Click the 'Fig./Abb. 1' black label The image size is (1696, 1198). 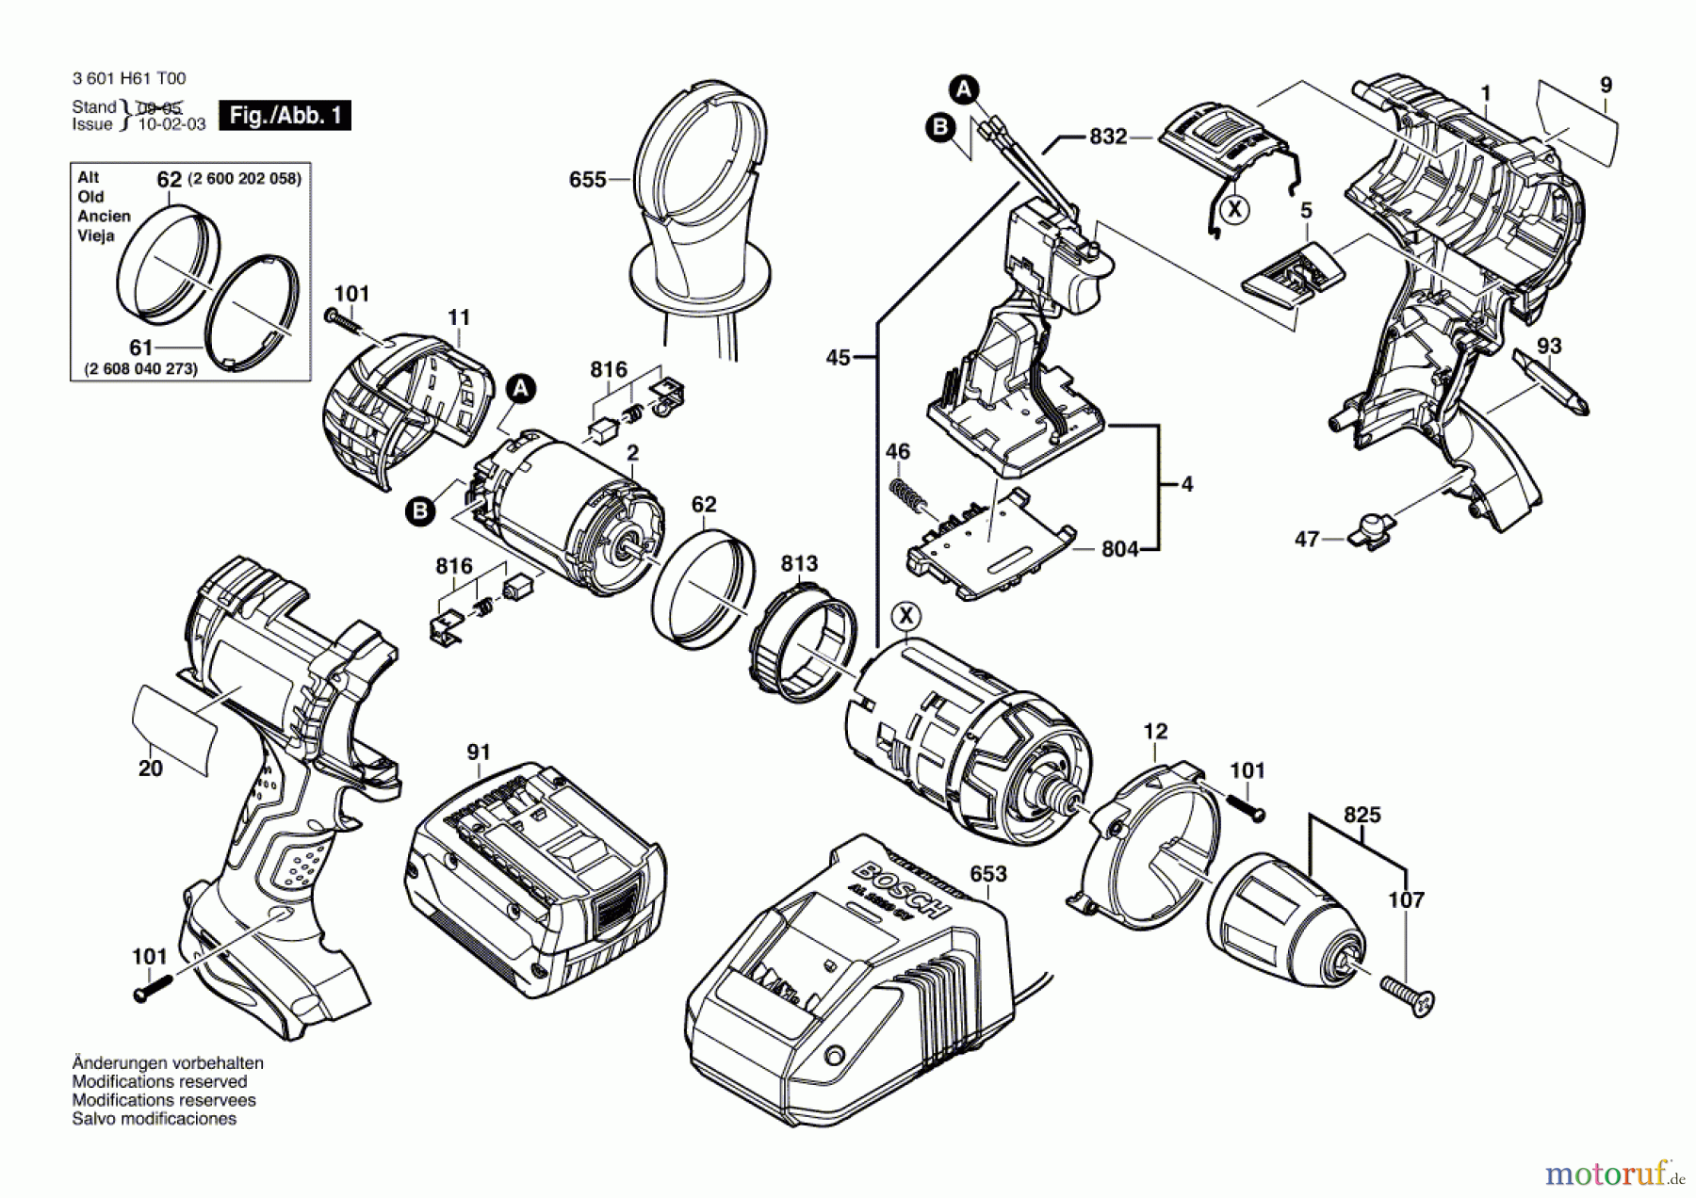click(x=285, y=115)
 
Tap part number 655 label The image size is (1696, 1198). click(x=587, y=179)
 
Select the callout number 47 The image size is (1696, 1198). click(x=1306, y=540)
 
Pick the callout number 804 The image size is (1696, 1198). click(x=1119, y=548)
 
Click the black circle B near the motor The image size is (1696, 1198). click(x=420, y=511)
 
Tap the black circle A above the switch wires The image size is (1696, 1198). click(x=962, y=90)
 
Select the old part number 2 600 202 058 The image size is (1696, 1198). click(x=244, y=179)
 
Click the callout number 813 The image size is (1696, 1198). click(x=799, y=563)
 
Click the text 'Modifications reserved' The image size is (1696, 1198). click(x=159, y=1081)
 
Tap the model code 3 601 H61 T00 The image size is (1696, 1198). click(x=129, y=79)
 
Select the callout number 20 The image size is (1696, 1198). click(x=151, y=769)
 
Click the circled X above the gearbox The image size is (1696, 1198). click(x=906, y=617)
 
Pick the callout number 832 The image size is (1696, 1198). click(x=1108, y=138)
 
